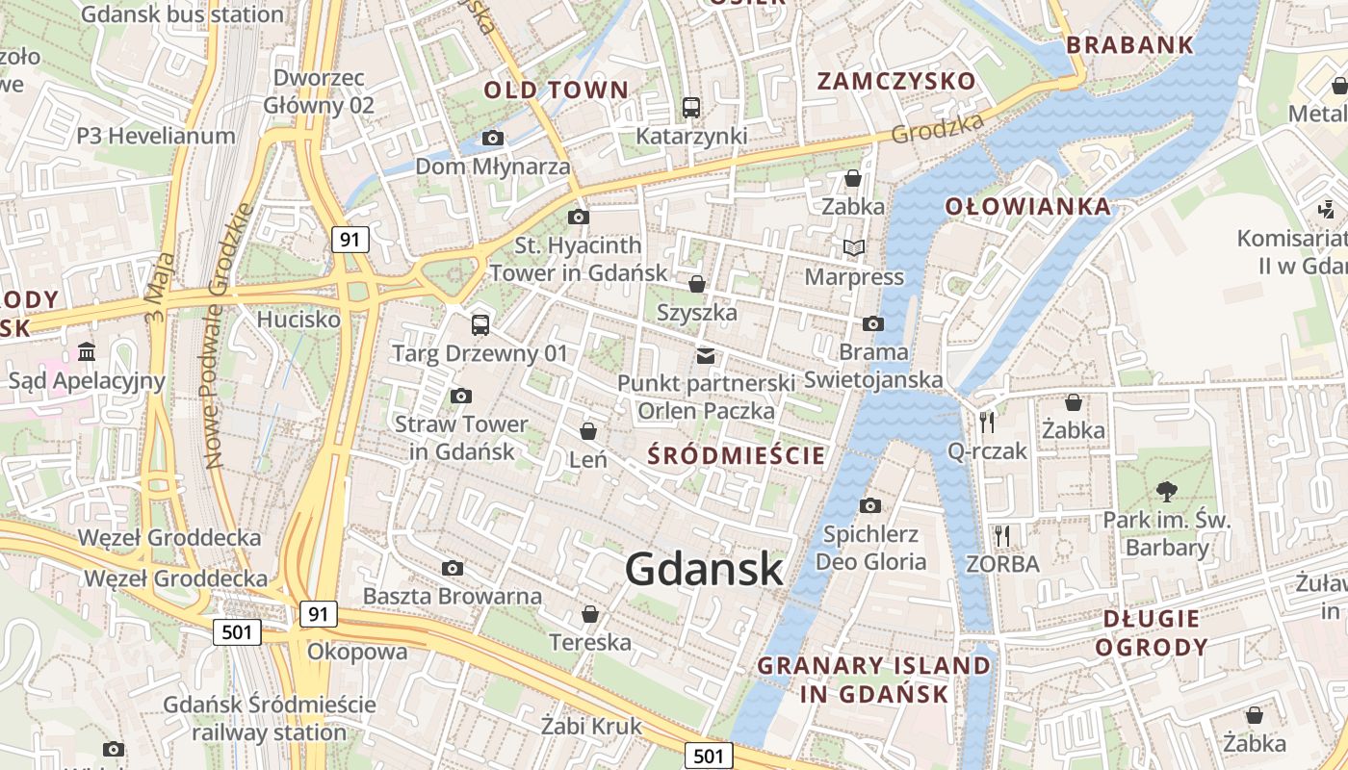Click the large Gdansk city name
tap(704, 570)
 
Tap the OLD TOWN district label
tap(556, 90)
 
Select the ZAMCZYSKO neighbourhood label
tap(896, 81)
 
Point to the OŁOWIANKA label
tap(1027, 206)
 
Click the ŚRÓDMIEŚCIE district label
tap(738, 455)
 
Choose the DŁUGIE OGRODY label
tap(1152, 632)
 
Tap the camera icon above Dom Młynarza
tap(493, 138)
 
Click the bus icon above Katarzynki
tap(691, 107)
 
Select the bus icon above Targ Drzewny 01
tap(480, 324)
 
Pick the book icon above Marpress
tap(854, 248)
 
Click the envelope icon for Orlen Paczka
tap(706, 355)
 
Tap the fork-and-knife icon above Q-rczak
tap(987, 422)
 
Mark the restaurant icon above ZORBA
tap(1002, 535)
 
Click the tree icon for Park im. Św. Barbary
tap(1167, 492)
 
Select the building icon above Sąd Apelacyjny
tap(88, 351)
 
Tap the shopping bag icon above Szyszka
tap(697, 284)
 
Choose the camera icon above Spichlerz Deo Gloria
tap(870, 505)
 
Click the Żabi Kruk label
tap(590, 726)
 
